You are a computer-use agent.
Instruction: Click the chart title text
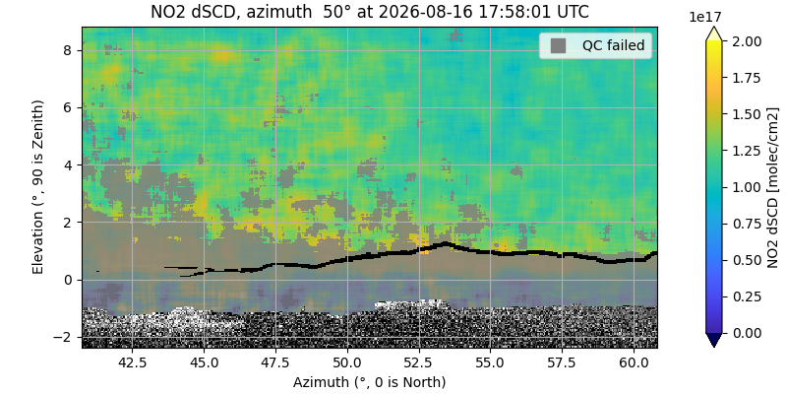coord(370,12)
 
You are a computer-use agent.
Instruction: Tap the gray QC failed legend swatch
coord(558,45)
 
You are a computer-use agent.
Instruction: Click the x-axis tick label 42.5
coord(132,361)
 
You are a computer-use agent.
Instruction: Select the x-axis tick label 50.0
coord(347,361)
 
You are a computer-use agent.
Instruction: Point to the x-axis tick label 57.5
coord(562,361)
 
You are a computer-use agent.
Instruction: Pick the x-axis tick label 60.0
coord(634,361)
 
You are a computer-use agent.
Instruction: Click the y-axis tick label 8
coord(72,51)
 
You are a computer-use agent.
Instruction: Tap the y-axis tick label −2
coord(68,337)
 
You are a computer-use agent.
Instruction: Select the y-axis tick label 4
coord(72,165)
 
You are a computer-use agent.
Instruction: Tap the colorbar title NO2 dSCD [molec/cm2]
coord(772,187)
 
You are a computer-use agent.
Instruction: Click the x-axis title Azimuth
coord(370,382)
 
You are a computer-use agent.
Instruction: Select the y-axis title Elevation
coord(38,187)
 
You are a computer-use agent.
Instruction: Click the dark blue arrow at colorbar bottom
coord(713,340)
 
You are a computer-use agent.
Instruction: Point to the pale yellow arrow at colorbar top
coord(713,34)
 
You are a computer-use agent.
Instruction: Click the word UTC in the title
coord(574,12)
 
